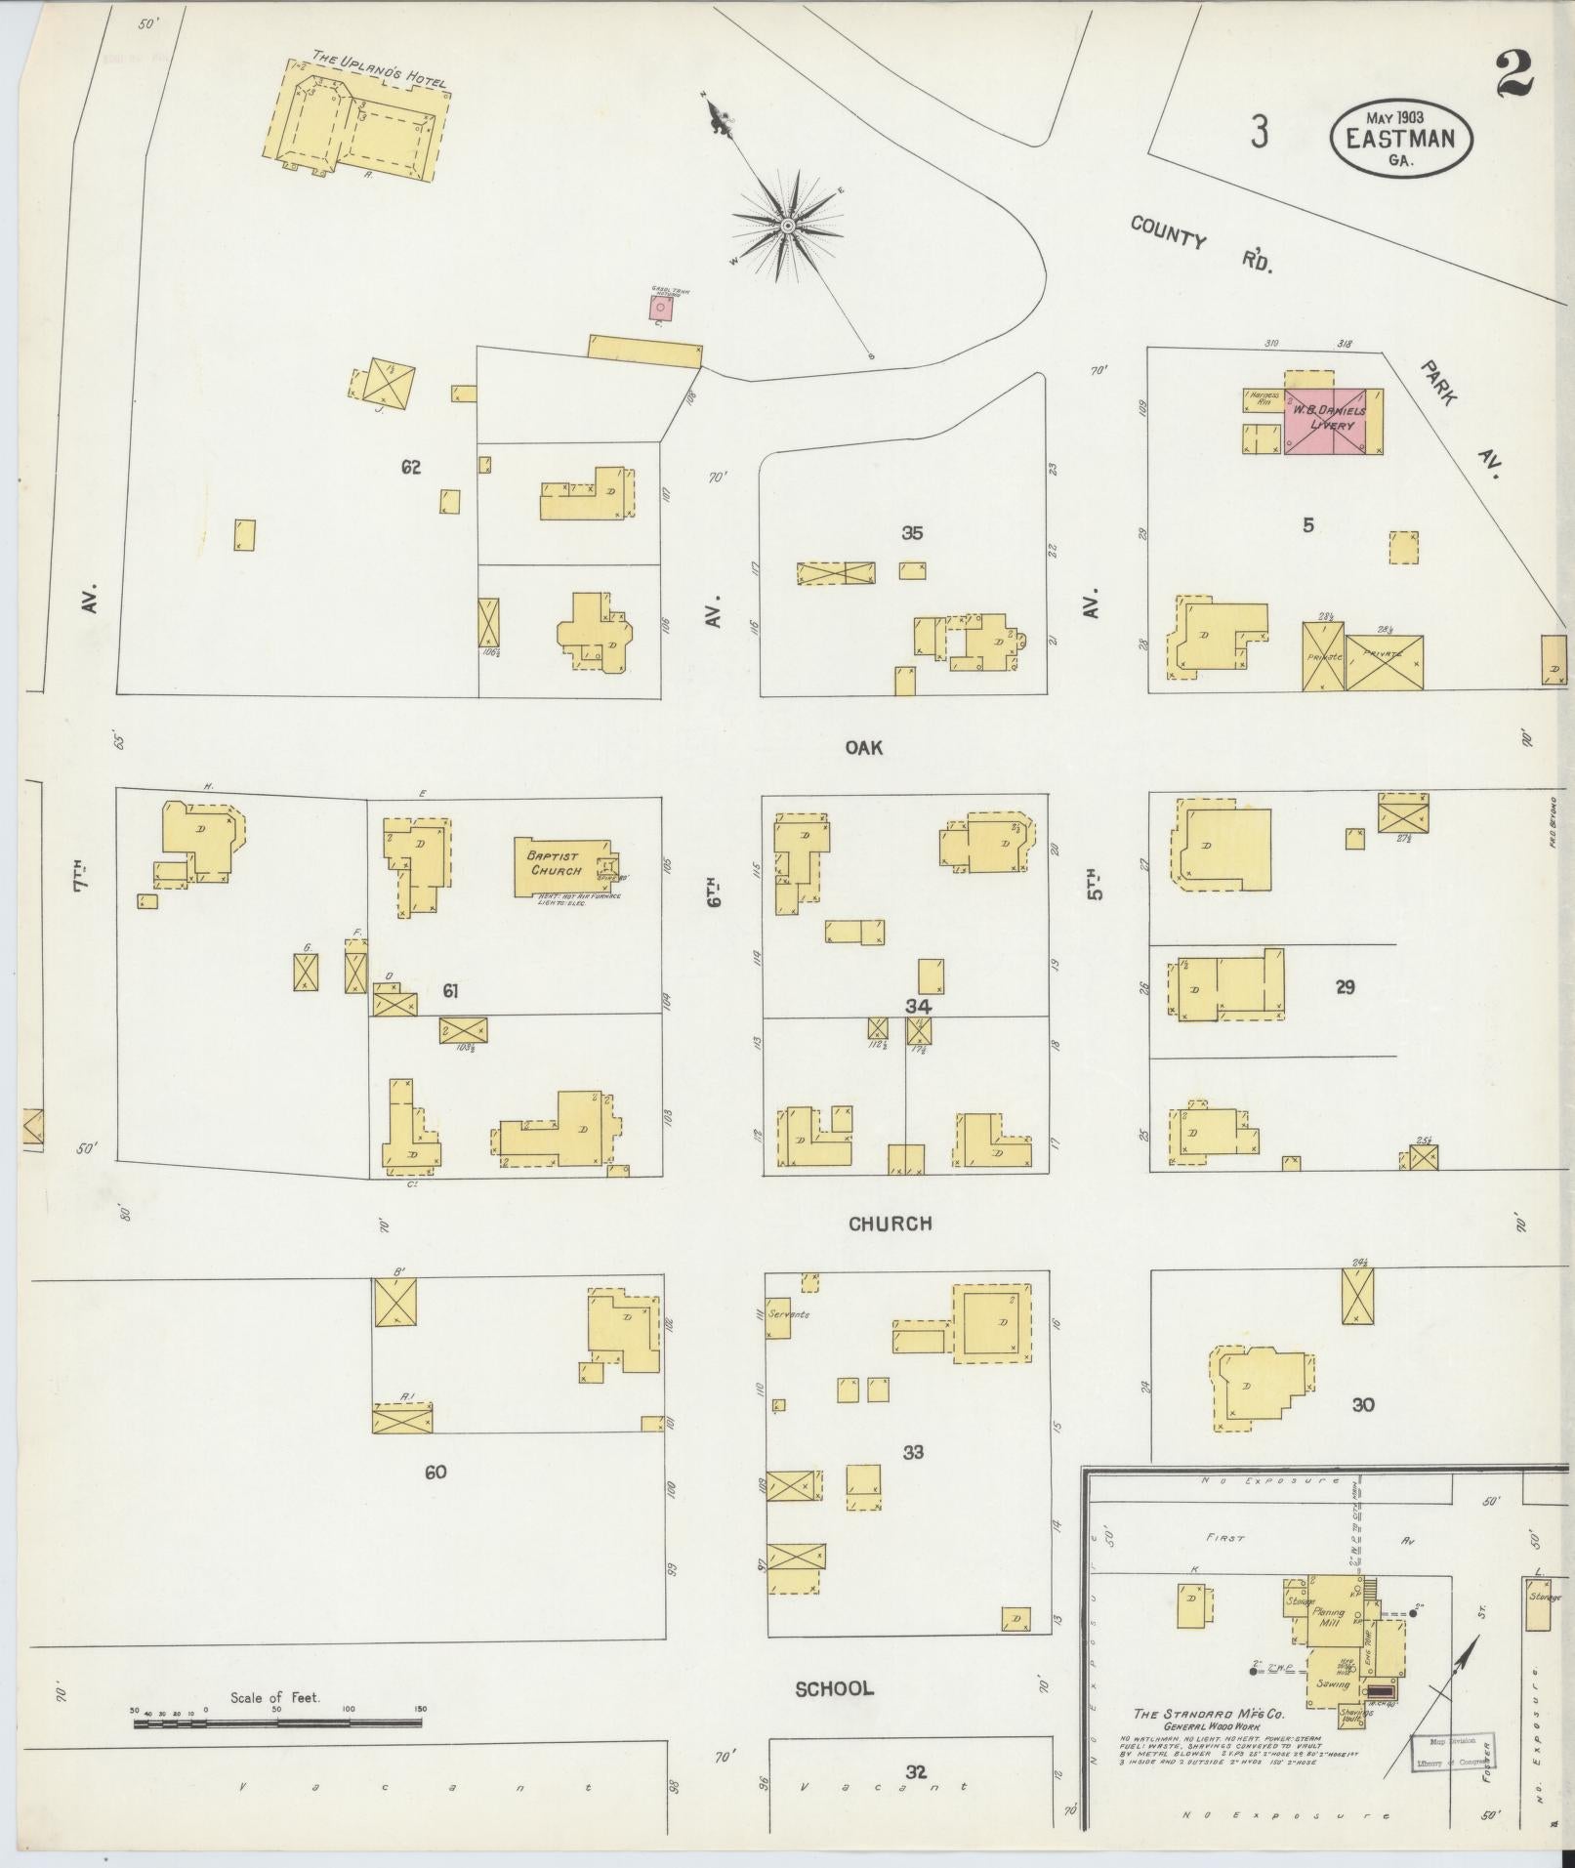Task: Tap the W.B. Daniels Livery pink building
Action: click(x=1325, y=420)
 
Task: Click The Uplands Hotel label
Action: click(x=379, y=70)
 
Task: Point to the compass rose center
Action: click(x=787, y=227)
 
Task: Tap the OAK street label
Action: click(x=864, y=748)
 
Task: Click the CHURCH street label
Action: click(x=890, y=1224)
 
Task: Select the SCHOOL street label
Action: click(x=834, y=1688)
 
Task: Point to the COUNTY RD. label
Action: click(x=1201, y=243)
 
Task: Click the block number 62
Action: click(x=410, y=468)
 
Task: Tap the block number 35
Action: click(x=912, y=533)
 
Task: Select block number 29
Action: click(x=1345, y=987)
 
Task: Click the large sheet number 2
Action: click(x=1513, y=75)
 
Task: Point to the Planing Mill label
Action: click(x=1328, y=1618)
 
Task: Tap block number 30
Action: click(x=1363, y=1404)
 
